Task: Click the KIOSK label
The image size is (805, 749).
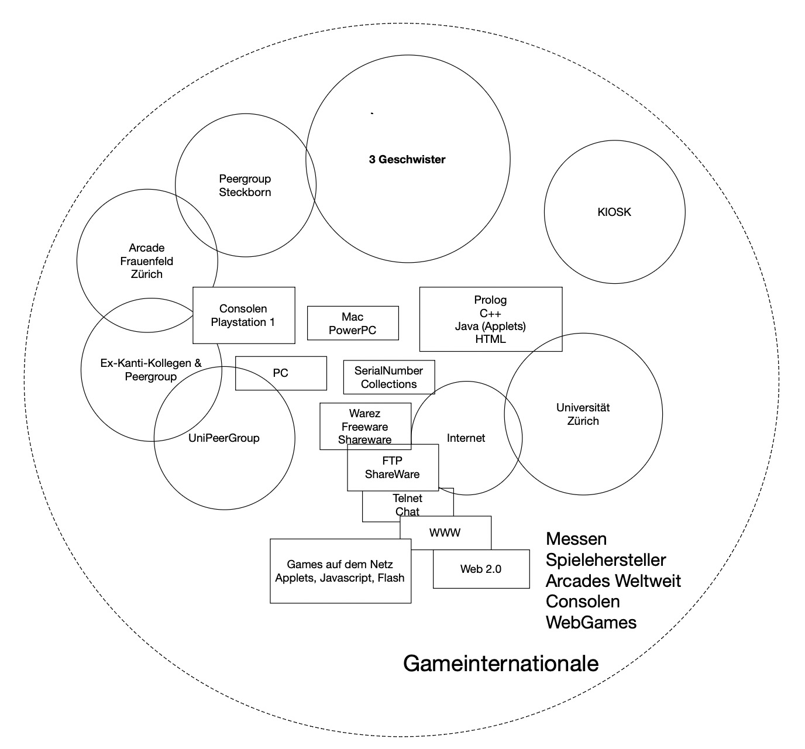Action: tap(614, 212)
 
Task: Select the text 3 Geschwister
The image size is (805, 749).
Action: tap(407, 159)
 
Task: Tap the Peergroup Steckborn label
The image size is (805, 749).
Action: tap(245, 185)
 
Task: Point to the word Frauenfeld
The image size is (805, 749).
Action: tap(147, 261)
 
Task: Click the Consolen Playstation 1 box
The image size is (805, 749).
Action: tap(243, 315)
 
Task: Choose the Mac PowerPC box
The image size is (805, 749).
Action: tap(353, 324)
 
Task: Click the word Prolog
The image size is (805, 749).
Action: tap(490, 300)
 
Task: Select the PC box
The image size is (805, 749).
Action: tap(281, 373)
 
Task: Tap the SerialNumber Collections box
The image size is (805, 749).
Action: tap(389, 377)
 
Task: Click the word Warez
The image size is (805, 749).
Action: tap(364, 413)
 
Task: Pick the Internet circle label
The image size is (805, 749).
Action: tap(466, 438)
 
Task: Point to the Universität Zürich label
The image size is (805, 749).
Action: tap(583, 414)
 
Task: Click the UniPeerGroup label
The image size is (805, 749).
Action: tap(224, 438)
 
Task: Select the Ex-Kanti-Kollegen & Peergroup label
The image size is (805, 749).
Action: tap(151, 370)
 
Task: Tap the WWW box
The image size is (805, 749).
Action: tap(445, 532)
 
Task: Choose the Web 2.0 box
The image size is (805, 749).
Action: tap(481, 569)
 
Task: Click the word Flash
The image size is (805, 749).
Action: tap(391, 578)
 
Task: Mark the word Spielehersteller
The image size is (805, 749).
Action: tap(606, 560)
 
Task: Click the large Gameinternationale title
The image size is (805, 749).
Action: tap(501, 664)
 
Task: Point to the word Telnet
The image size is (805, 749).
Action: tap(408, 498)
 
